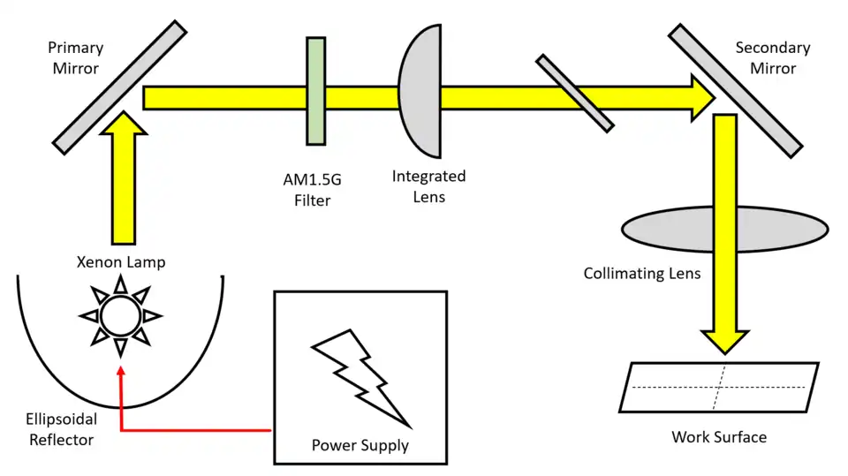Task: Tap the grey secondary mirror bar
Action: click(x=735, y=88)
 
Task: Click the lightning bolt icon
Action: click(x=360, y=375)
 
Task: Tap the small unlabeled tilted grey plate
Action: click(x=574, y=94)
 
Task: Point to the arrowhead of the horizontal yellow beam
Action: click(x=702, y=96)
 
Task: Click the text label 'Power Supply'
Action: click(x=360, y=444)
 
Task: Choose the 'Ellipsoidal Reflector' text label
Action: click(x=58, y=429)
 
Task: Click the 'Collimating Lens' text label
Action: click(x=642, y=273)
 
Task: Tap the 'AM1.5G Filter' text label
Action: click(x=312, y=190)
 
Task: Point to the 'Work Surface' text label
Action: click(x=719, y=436)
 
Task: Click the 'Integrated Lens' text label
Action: click(x=428, y=186)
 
